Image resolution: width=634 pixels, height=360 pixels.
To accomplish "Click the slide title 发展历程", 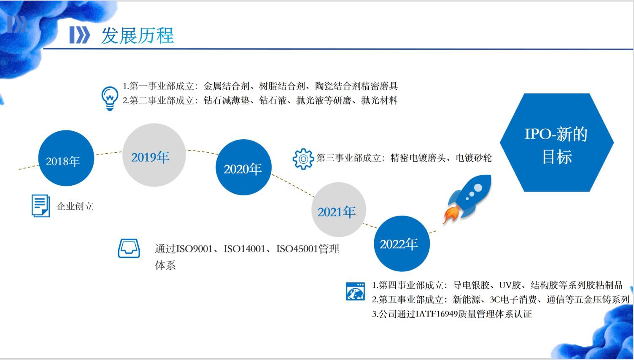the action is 137,36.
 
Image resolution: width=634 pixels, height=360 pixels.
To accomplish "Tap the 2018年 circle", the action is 66,158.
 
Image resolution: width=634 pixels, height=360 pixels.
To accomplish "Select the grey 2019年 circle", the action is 154,155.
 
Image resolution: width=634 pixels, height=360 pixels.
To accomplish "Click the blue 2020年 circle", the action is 243,167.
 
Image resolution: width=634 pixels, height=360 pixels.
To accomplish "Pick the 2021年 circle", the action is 338,210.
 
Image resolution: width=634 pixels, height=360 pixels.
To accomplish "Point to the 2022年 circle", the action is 402,244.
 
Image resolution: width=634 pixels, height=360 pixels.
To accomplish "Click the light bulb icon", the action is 110,98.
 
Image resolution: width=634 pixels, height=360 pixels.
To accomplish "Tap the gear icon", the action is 303,159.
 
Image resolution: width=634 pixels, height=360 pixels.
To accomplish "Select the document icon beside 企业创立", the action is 41,206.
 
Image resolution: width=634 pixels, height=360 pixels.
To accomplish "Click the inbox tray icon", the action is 129,249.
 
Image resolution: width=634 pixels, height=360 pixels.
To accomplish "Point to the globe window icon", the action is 355,291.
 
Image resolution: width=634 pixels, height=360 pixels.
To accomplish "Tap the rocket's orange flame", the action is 451,215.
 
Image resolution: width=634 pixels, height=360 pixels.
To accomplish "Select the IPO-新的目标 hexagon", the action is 557,143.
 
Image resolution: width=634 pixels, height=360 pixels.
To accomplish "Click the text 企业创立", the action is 75,206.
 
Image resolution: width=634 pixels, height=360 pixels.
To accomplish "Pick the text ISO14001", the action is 244,249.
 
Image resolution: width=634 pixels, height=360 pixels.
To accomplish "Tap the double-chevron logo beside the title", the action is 80,35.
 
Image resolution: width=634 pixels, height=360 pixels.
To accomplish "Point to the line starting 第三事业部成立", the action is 404,158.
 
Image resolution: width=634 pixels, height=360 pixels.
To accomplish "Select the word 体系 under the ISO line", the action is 165,265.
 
